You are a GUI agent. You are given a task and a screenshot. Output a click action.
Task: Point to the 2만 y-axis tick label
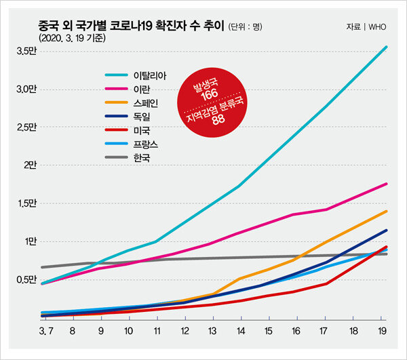29,165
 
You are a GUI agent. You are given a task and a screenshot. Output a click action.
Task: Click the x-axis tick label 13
213,332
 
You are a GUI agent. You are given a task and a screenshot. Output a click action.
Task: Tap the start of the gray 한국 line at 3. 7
43,267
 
